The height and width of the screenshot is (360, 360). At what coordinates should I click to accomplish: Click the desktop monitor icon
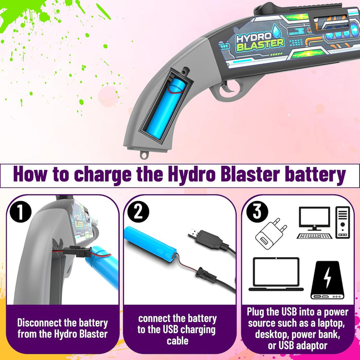point(314,223)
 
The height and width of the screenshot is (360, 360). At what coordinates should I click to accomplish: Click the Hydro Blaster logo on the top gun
point(259,42)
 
